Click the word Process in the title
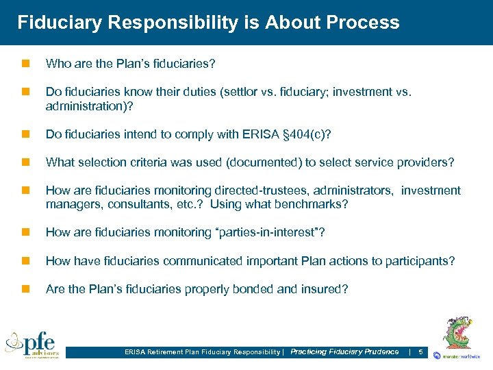363,23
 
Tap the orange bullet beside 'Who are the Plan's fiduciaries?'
25,64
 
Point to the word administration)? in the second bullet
89,106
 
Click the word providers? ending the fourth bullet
429,162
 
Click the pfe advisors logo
32,344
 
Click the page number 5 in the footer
420,352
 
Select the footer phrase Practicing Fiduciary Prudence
344,352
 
